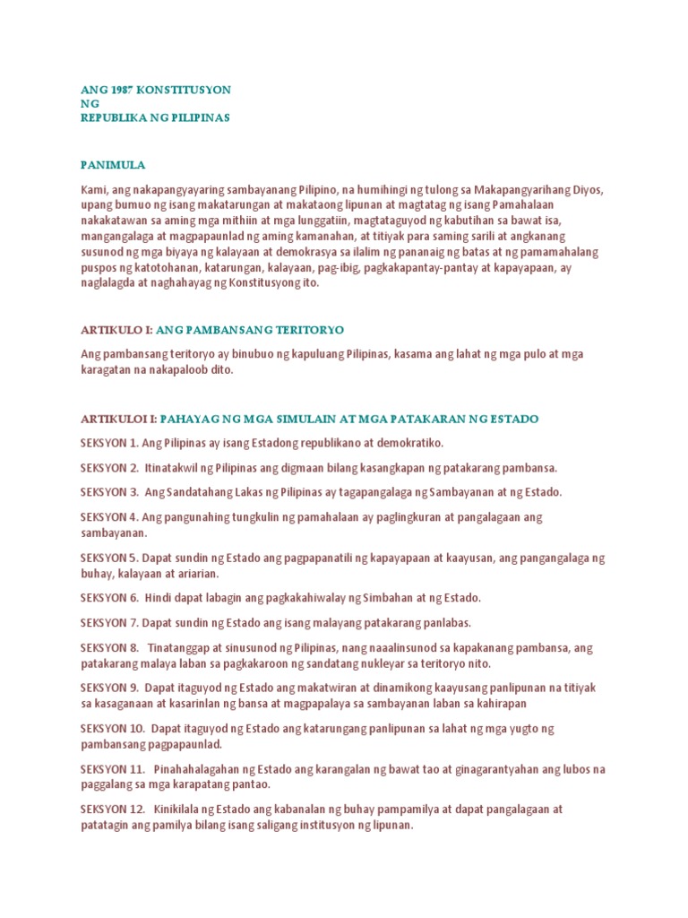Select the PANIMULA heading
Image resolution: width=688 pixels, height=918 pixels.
[113, 166]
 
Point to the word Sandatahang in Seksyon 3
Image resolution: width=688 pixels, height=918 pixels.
[193, 492]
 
